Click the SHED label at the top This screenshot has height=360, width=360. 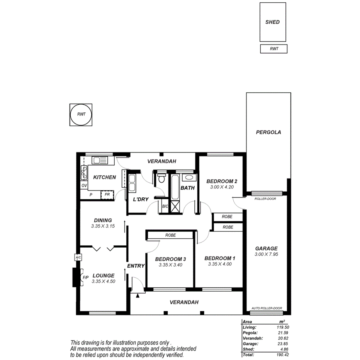click(272, 22)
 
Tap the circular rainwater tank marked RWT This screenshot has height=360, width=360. click(81, 115)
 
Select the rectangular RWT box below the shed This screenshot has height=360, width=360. click(273, 49)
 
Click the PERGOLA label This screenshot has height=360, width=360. click(268, 132)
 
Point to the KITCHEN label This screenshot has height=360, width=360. click(104, 177)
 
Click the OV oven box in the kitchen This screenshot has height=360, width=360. click(84, 186)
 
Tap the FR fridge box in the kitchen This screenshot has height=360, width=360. click(107, 195)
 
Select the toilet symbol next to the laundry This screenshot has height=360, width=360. click(161, 179)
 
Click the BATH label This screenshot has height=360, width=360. click(187, 188)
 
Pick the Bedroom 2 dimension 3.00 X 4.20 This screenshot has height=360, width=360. click(221, 187)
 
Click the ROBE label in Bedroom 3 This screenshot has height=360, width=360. click(170, 235)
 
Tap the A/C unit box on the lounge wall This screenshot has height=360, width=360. click(78, 257)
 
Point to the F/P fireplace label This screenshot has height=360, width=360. click(85, 277)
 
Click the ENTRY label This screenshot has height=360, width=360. click(136, 266)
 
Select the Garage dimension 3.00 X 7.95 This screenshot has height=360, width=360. click(266, 255)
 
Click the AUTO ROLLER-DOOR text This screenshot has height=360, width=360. click(267, 308)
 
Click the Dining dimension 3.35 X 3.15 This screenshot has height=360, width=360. click(103, 226)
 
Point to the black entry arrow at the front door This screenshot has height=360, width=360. click(138, 295)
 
